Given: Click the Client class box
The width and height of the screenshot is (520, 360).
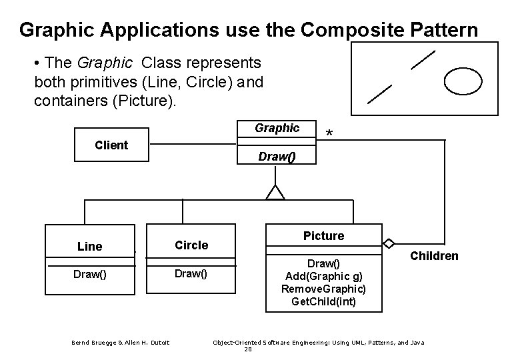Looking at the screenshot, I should coord(111,145).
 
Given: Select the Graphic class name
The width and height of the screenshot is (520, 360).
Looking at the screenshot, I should coord(277,128).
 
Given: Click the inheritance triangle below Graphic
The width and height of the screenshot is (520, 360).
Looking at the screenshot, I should coord(275,193).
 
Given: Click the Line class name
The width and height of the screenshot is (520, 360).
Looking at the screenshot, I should coord(90,247).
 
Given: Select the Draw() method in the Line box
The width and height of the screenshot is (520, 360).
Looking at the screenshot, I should coord(90,273).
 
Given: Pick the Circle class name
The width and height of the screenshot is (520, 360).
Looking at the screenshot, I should coord(191,245).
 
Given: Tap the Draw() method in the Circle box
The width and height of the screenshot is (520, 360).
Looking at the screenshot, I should coord(191,273).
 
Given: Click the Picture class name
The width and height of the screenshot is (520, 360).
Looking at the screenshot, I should coord(324,236).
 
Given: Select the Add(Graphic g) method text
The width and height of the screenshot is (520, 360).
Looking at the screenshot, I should coord(324,277).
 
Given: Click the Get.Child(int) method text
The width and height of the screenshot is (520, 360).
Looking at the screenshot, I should coord(324,301).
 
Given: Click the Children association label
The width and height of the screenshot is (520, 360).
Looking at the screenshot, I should coord(434,256).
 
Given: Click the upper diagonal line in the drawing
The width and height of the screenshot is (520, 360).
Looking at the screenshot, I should coord(423,59).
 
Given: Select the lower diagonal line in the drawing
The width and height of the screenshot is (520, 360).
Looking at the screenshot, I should coord(380,94).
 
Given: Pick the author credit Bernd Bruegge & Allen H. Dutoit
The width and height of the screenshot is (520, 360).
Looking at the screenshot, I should coord(121,343).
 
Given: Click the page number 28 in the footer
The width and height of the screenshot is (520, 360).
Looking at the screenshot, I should coord(248,349).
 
